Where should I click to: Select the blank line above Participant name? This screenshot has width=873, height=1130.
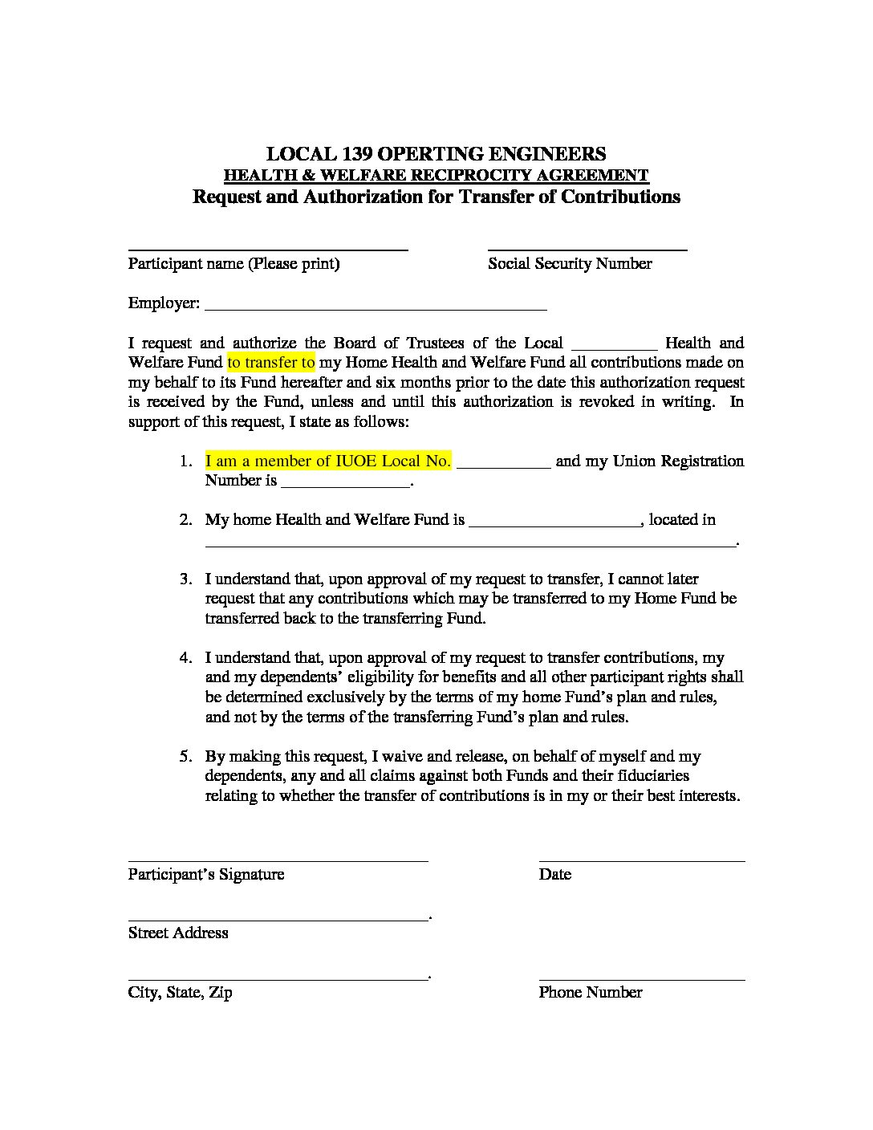(x=268, y=250)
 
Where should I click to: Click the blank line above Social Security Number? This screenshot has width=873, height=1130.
(x=587, y=250)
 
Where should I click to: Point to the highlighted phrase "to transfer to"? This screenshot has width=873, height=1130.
(x=271, y=362)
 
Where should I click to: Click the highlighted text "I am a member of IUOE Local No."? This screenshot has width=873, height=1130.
(x=327, y=461)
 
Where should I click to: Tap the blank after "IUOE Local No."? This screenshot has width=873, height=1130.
(x=503, y=465)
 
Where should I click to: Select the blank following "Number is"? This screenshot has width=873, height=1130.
(x=345, y=486)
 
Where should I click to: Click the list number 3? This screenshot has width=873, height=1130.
(x=185, y=579)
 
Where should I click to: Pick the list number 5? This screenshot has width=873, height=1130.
(x=185, y=756)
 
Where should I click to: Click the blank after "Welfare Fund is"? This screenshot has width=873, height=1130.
(x=554, y=525)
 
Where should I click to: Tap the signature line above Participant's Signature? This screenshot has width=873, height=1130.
(x=278, y=860)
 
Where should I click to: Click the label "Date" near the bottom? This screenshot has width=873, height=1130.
(x=554, y=874)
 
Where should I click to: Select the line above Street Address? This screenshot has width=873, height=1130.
(x=278, y=920)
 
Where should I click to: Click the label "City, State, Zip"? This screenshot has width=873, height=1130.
(x=180, y=992)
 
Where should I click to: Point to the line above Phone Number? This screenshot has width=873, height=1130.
(x=641, y=979)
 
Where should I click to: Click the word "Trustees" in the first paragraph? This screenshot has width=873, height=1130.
(x=435, y=343)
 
